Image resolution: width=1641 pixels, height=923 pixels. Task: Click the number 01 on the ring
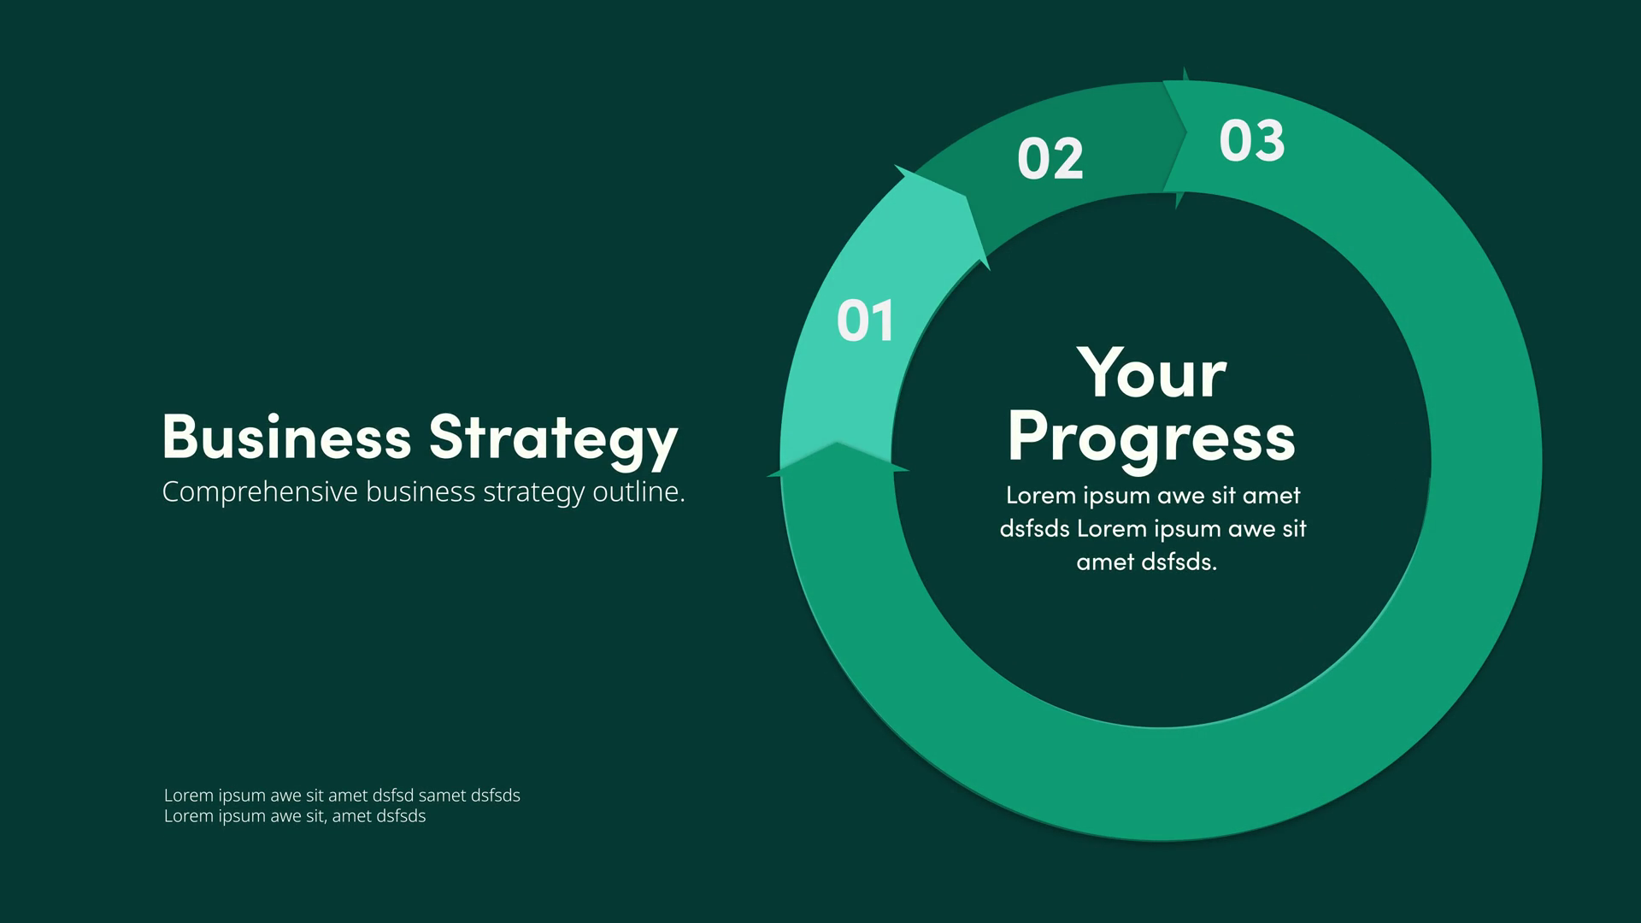[865, 320]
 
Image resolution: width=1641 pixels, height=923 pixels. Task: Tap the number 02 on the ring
[1050, 158]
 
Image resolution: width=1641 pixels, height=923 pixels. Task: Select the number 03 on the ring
[1252, 140]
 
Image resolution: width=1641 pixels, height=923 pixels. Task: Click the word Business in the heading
[287, 437]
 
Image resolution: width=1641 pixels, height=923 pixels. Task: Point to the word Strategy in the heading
[553, 440]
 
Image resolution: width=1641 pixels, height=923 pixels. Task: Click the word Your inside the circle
[1151, 373]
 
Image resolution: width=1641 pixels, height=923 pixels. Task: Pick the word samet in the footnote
[443, 795]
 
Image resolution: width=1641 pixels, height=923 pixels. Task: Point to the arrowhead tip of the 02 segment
[1186, 132]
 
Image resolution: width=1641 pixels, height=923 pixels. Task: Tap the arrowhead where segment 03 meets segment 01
[838, 444]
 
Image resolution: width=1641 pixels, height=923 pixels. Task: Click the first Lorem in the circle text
[1040, 495]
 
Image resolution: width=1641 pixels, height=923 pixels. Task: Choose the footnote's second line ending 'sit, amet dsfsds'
[295, 816]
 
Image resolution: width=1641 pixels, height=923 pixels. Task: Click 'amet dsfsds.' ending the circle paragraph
[1146, 561]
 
